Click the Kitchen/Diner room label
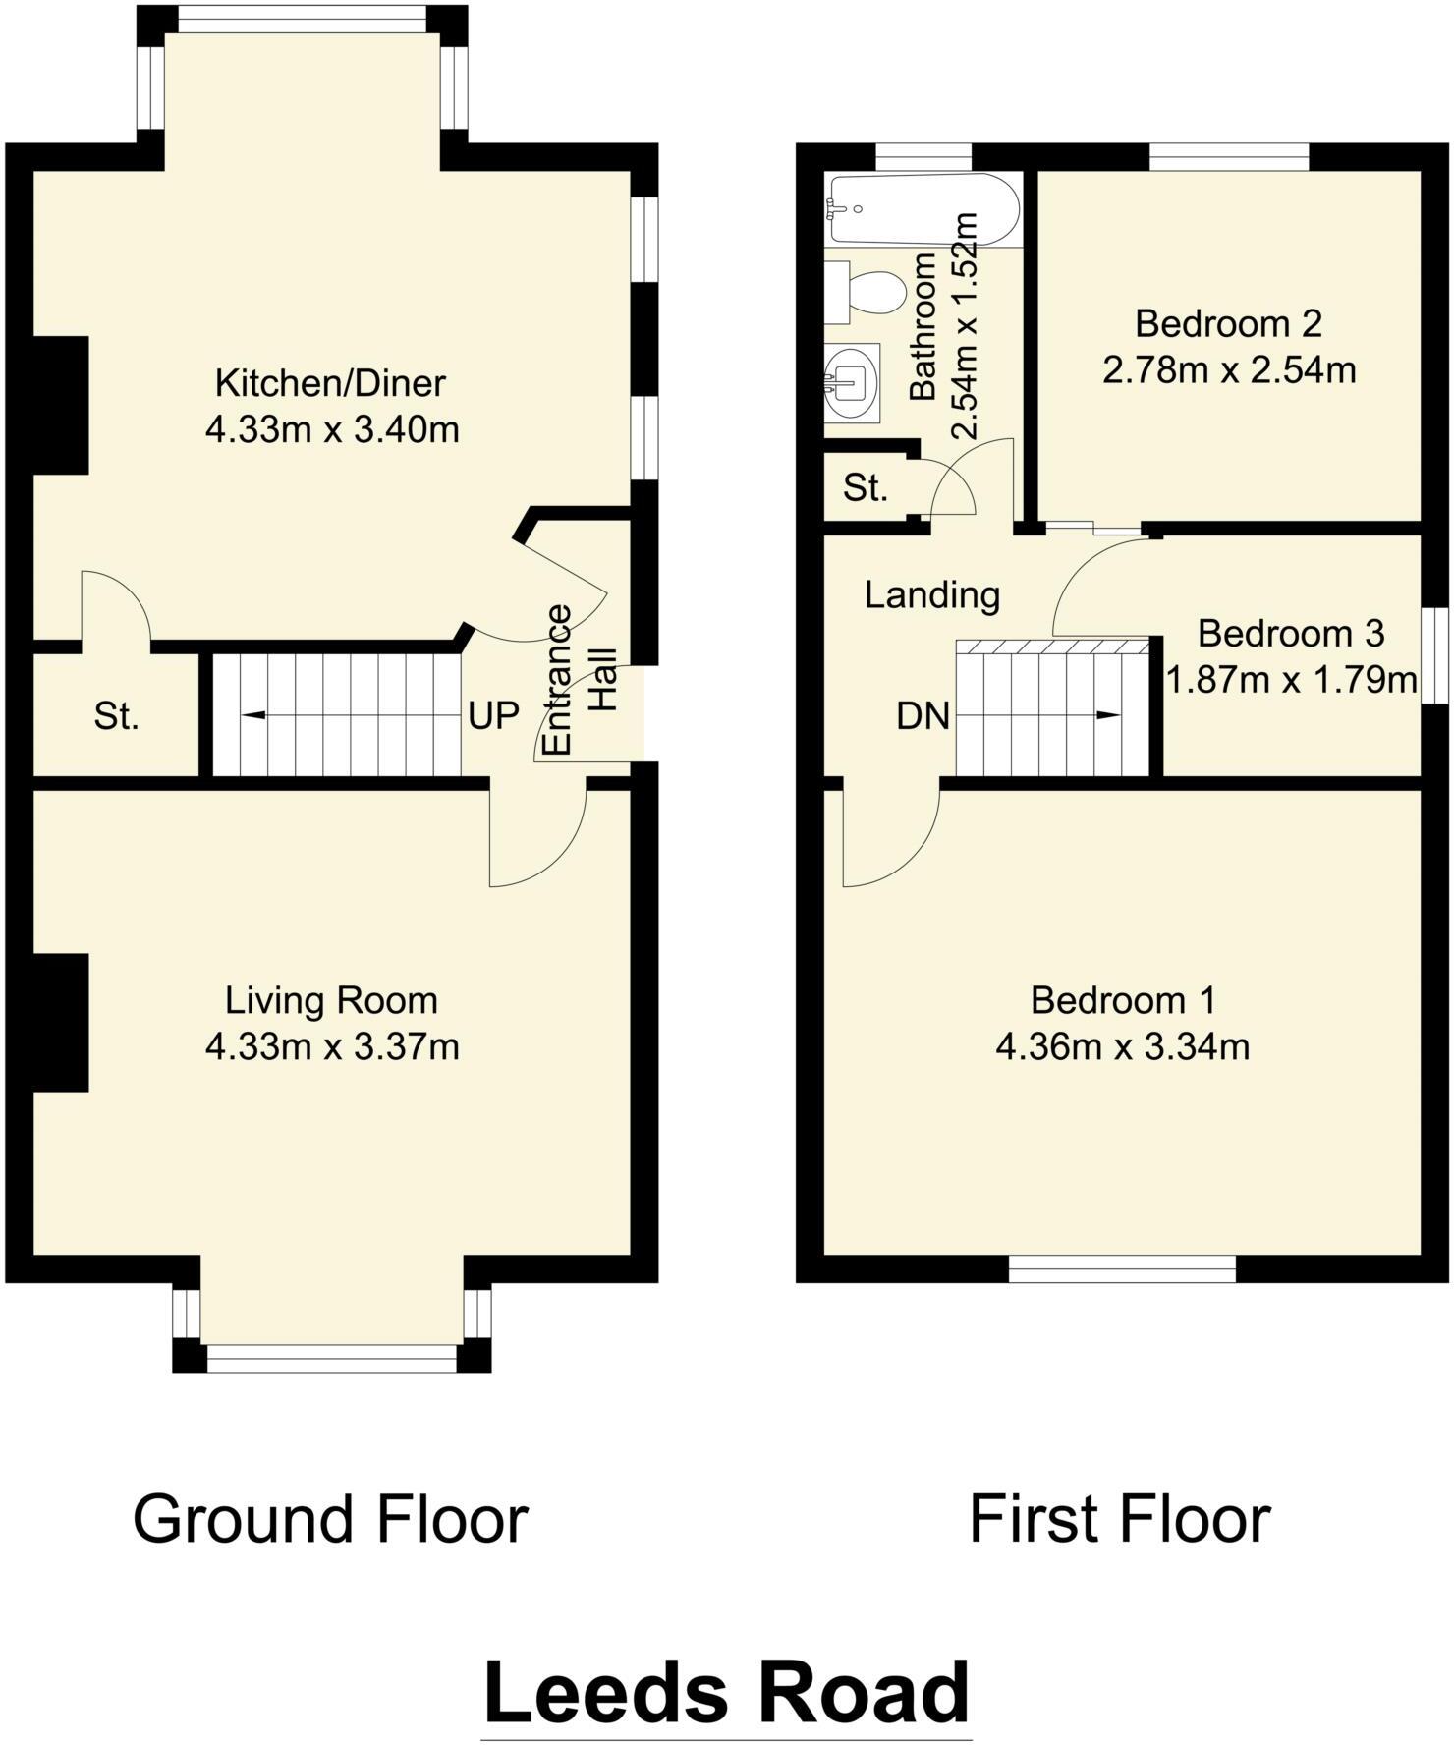point(330,383)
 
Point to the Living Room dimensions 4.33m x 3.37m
point(332,1047)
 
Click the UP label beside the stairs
point(493,717)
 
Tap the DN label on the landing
point(923,717)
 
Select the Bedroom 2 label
point(1228,323)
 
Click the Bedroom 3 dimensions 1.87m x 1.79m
point(1291,679)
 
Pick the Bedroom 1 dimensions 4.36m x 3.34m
point(1122,1047)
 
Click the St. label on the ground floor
point(116,717)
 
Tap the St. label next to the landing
point(865,488)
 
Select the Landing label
point(931,594)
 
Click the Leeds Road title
point(727,1693)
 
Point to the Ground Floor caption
point(330,1519)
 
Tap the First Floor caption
point(1120,1519)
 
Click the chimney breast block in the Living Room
point(61,1022)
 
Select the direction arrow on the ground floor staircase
point(255,715)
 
